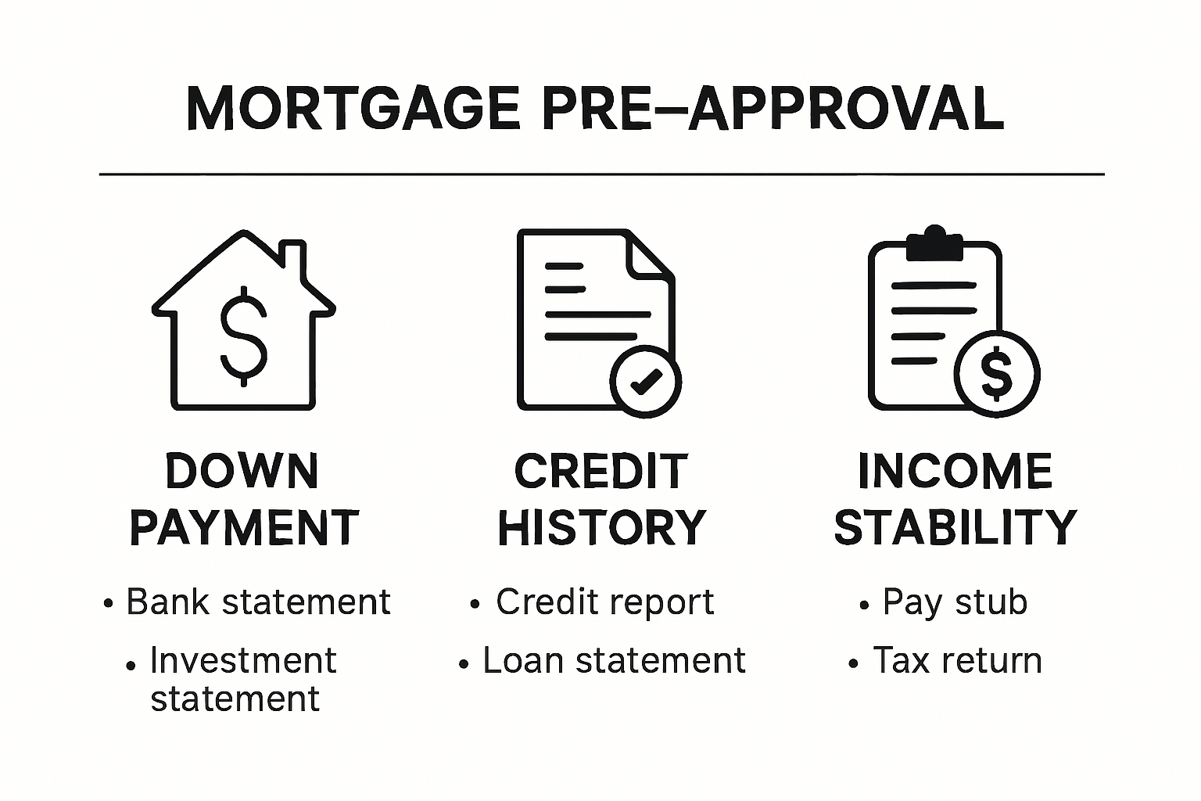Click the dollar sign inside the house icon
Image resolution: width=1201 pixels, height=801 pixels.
(x=243, y=336)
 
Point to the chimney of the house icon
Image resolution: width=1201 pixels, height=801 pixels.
(x=293, y=258)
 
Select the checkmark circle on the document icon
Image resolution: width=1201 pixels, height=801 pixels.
(x=645, y=382)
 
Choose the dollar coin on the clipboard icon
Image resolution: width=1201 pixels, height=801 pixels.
(x=997, y=374)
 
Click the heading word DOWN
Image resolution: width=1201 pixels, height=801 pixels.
(x=242, y=472)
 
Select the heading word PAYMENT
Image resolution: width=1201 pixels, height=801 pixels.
(x=244, y=528)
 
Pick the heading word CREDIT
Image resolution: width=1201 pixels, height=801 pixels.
(x=601, y=472)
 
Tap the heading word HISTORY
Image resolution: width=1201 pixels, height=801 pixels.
(x=602, y=528)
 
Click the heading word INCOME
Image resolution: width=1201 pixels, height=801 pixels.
(x=955, y=472)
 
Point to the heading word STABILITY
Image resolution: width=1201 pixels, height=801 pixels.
(x=955, y=528)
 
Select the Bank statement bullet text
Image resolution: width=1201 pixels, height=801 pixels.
(x=258, y=602)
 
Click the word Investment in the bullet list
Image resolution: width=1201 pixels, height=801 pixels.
(x=243, y=661)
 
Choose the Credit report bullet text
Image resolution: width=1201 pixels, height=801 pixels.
(x=604, y=602)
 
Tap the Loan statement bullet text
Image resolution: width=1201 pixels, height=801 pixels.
(x=614, y=661)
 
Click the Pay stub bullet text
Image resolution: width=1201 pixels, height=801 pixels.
(x=955, y=602)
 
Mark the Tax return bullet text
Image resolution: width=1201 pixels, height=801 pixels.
(x=957, y=661)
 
